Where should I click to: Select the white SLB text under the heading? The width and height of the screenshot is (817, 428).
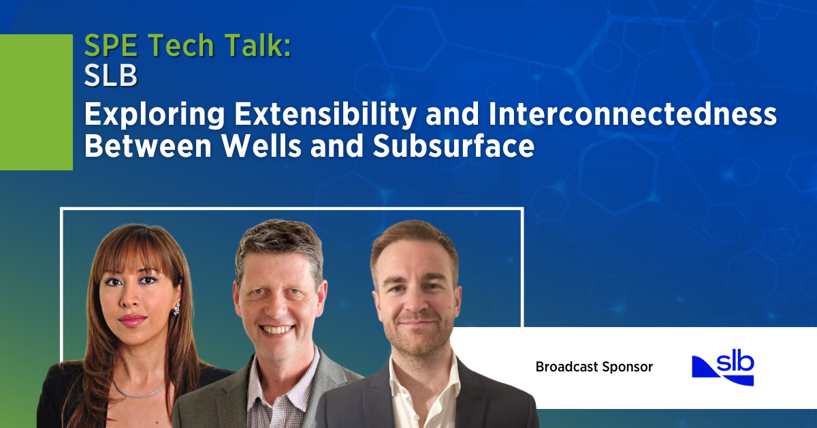111,76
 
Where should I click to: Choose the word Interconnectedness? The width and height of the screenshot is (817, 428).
632,114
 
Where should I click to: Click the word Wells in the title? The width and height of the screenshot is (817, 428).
262,146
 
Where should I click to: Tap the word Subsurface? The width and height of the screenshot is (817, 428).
453,146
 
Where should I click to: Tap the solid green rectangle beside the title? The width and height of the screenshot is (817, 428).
36,102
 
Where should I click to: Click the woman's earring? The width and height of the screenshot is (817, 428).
176,309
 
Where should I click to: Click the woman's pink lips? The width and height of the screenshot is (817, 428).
132,320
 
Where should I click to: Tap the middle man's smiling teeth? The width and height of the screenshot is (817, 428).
276,330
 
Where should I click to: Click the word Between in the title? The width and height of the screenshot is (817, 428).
148,146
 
